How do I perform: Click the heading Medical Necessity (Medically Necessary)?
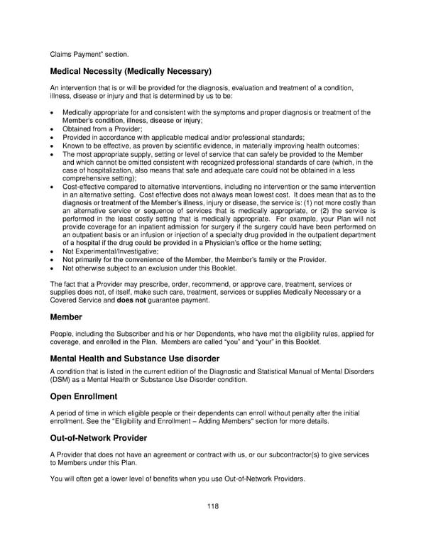131,71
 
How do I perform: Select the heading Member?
66,316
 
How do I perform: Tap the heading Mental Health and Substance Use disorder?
135,359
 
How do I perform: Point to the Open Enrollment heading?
84,395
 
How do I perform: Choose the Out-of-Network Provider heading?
99,438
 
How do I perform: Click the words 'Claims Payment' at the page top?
76,53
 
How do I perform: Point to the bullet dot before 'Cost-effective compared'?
53,186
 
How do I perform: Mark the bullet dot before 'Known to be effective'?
53,146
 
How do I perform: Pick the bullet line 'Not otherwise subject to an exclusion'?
148,268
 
